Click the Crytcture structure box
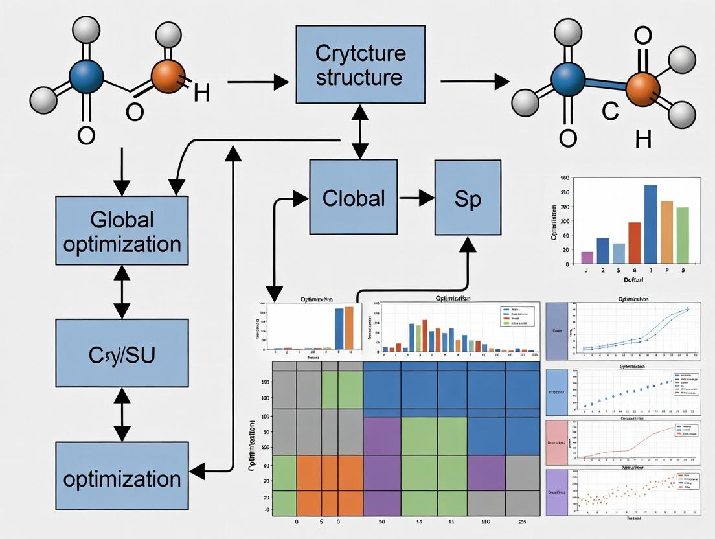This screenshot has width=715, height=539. click(x=361, y=64)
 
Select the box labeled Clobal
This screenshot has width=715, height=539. click(x=354, y=198)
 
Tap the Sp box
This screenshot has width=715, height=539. click(x=467, y=198)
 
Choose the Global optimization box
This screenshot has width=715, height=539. click(x=122, y=231)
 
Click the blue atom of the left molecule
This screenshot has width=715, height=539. click(x=85, y=77)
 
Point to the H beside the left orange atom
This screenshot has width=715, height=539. click(x=201, y=93)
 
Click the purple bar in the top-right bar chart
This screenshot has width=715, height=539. click(x=587, y=257)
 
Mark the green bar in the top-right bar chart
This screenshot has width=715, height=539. click(x=683, y=235)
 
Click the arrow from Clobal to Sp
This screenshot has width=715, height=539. click(x=416, y=197)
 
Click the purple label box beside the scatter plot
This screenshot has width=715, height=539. click(x=556, y=492)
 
